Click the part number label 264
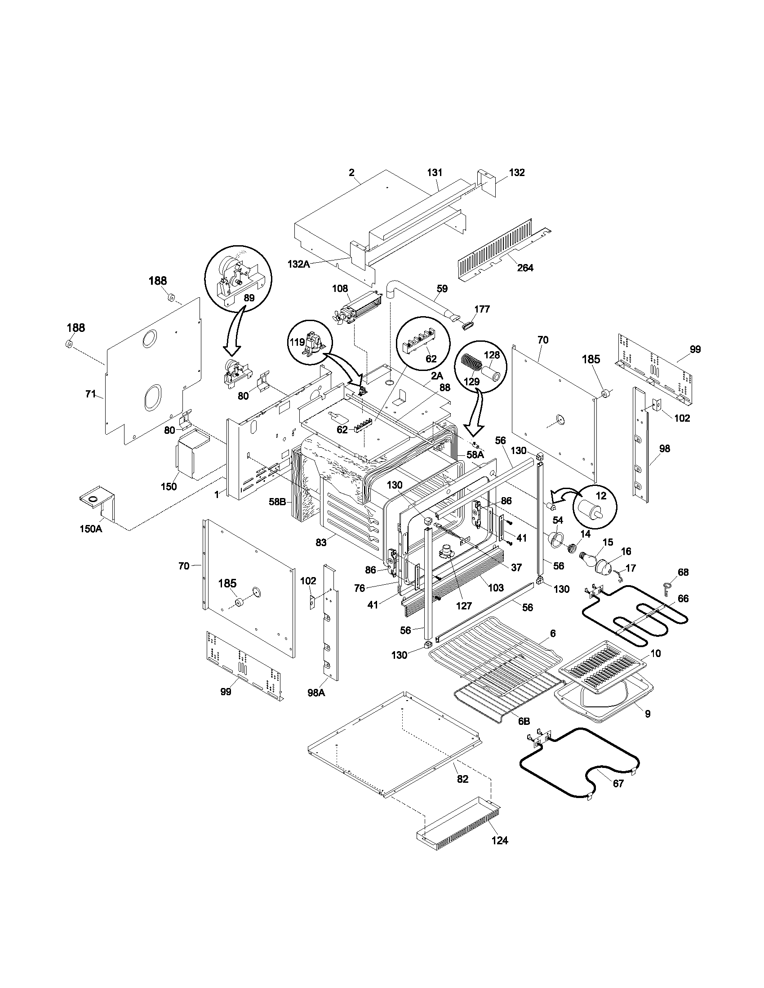525,268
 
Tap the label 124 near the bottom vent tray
500,841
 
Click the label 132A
298,264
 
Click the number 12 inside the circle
600,496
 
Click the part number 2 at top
351,172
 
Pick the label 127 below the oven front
464,606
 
